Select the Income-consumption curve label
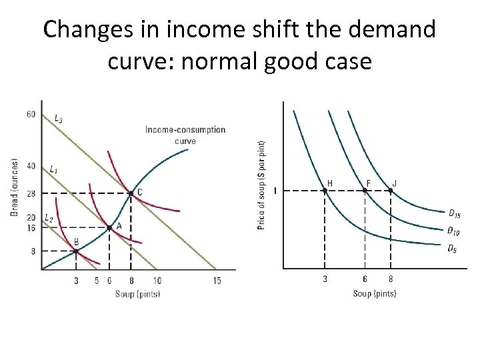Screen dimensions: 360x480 click(185, 135)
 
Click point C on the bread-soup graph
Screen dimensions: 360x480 click(130, 193)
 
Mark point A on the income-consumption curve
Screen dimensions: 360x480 click(109, 227)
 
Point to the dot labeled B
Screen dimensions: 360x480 click(75, 251)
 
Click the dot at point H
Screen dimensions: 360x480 click(325, 191)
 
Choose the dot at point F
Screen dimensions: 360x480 click(364, 191)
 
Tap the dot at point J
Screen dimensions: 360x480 click(391, 191)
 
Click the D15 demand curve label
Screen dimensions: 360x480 click(453, 214)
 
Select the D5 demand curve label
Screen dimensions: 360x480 click(451, 249)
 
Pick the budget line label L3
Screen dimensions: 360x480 click(59, 119)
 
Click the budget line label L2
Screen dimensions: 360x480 click(49, 218)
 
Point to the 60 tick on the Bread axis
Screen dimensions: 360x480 click(31, 114)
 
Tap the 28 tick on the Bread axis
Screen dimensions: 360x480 click(31, 193)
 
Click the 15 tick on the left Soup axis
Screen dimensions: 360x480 click(217, 281)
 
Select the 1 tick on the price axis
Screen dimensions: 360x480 click(275, 191)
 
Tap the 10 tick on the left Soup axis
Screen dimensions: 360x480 click(157, 281)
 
